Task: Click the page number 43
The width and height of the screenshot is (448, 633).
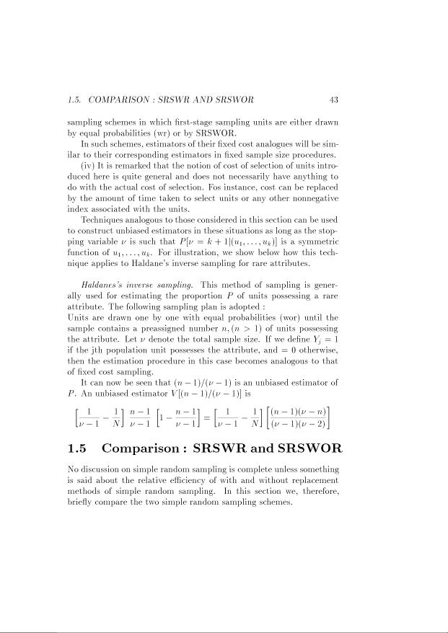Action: pyautogui.click(x=334, y=99)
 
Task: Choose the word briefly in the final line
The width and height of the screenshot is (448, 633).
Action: pyautogui.click(x=79, y=502)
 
